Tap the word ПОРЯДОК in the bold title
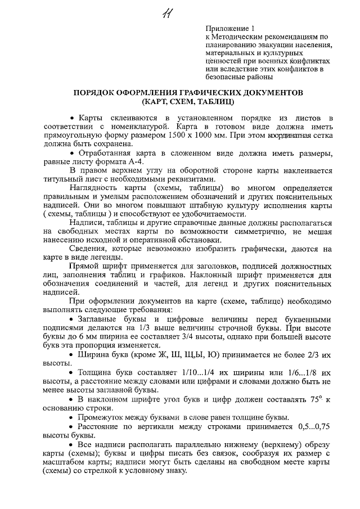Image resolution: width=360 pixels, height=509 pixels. pos(99,92)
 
